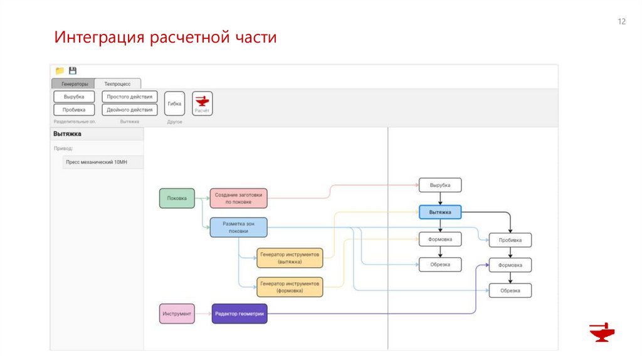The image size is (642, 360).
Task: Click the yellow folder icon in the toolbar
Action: pyautogui.click(x=60, y=71)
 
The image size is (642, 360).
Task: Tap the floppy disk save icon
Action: pyautogui.click(x=73, y=71)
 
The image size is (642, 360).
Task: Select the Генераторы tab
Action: pyautogui.click(x=73, y=83)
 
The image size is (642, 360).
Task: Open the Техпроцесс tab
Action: pyautogui.click(x=118, y=83)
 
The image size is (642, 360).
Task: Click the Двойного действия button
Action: pyautogui.click(x=130, y=109)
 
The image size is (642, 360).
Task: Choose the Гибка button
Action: pyautogui.click(x=174, y=103)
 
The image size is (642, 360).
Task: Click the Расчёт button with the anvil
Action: pyautogui.click(x=202, y=103)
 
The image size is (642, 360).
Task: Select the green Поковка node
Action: pyautogui.click(x=177, y=198)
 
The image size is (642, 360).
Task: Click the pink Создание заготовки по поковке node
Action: pyautogui.click(x=238, y=198)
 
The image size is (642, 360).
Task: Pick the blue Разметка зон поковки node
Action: pyautogui.click(x=238, y=227)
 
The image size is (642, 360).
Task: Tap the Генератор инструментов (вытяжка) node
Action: pyautogui.click(x=290, y=258)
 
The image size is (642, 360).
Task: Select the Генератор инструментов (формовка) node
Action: pyautogui.click(x=290, y=287)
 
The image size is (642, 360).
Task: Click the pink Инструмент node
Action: pyautogui.click(x=177, y=314)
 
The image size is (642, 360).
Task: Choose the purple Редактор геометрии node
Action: pyautogui.click(x=239, y=314)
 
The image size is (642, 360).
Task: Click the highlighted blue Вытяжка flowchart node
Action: pyautogui.click(x=440, y=213)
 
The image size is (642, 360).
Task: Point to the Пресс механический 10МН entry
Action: pyautogui.click(x=97, y=162)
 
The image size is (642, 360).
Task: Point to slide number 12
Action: pyautogui.click(x=622, y=22)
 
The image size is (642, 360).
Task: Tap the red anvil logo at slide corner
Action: pyautogui.click(x=602, y=332)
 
